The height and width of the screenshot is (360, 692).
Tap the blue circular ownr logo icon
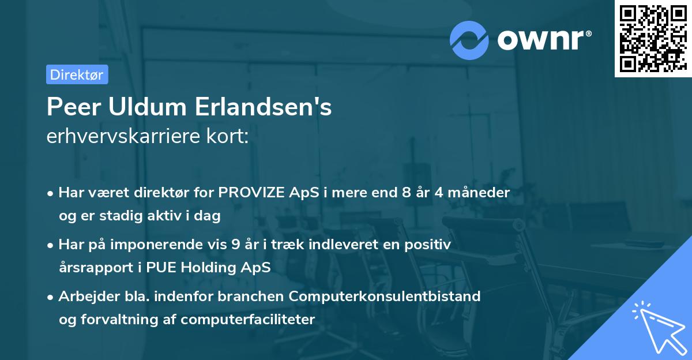[470, 40]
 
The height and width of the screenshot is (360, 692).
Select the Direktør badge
[77, 74]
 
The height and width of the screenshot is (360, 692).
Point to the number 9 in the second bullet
[235, 245]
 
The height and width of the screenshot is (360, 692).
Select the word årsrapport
[92, 268]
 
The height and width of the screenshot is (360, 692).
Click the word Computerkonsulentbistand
[385, 297]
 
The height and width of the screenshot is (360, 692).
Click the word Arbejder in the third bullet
[84, 297]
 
